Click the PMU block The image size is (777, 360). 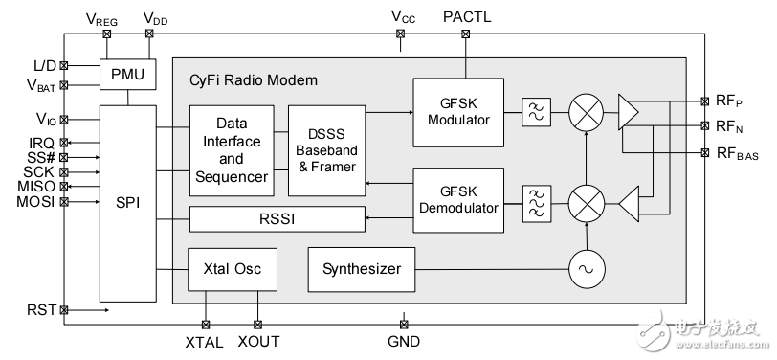point(127,74)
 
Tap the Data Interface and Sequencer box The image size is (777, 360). point(232,150)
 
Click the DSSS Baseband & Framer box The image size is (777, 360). point(326,150)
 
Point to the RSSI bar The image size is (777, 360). point(277,219)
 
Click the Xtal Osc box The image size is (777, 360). point(232,269)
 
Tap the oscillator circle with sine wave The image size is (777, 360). point(585,269)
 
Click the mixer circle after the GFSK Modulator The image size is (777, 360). point(585,113)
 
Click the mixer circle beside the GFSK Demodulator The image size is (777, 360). point(585,203)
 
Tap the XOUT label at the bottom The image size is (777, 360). point(258,341)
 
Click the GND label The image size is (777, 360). point(403,341)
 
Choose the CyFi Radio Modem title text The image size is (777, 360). point(253,80)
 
